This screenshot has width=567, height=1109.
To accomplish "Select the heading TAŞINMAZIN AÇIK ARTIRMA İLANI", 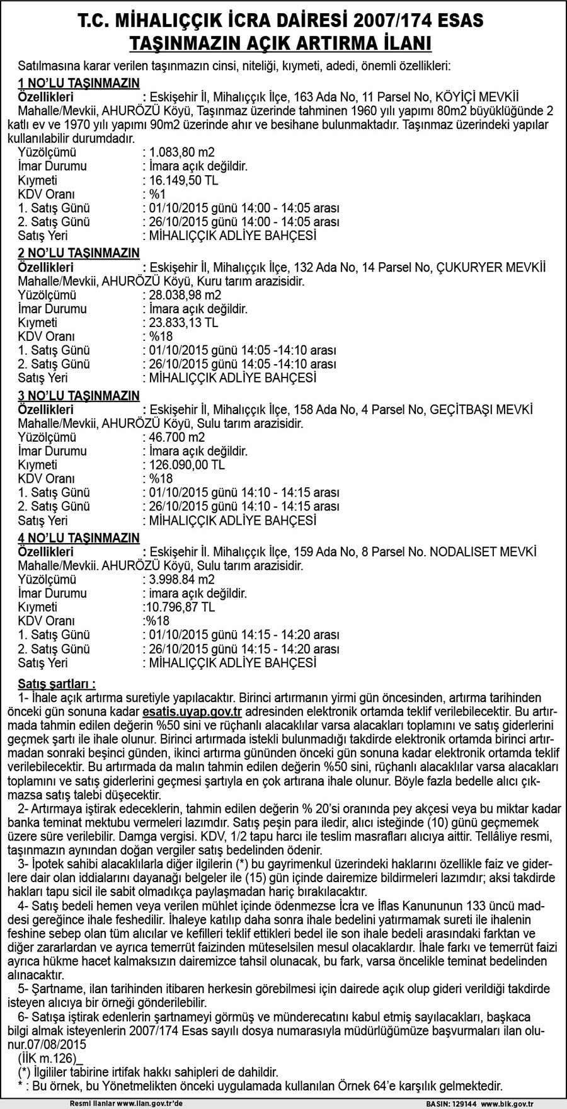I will click(280, 43).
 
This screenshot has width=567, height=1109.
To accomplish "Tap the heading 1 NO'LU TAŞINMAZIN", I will click(79, 83).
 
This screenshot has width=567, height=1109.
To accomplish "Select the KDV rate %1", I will click(156, 194).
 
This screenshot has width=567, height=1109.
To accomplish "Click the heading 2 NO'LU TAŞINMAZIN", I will click(79, 253).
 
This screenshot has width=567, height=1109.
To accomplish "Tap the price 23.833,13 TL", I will click(184, 323).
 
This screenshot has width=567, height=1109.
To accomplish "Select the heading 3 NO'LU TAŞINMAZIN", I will click(79, 396).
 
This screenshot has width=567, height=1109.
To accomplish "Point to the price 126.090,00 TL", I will click(186, 465).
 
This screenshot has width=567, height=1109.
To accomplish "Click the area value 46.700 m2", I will click(176, 437).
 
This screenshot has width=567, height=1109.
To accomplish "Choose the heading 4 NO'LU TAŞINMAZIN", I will click(79, 538).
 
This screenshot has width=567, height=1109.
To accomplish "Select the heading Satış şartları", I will click(57, 684).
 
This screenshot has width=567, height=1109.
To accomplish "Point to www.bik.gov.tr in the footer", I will click(508, 1105).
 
